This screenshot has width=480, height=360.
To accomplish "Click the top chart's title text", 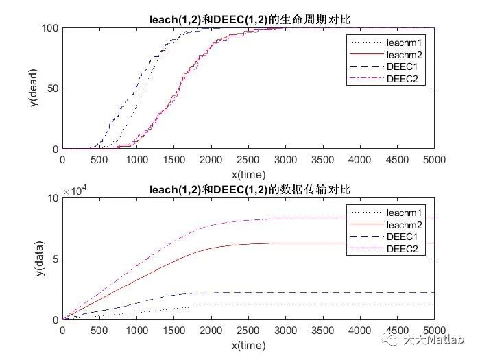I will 248,19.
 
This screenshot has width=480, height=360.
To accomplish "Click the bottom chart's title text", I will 248,189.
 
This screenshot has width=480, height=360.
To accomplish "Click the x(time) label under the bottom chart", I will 248,346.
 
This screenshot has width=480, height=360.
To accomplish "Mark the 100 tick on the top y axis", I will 49,28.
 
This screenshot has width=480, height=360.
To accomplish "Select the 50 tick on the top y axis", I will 52,88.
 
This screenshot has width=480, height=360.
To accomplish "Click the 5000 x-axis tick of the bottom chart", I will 434,331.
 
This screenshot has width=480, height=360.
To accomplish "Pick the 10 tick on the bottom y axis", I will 52,198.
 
